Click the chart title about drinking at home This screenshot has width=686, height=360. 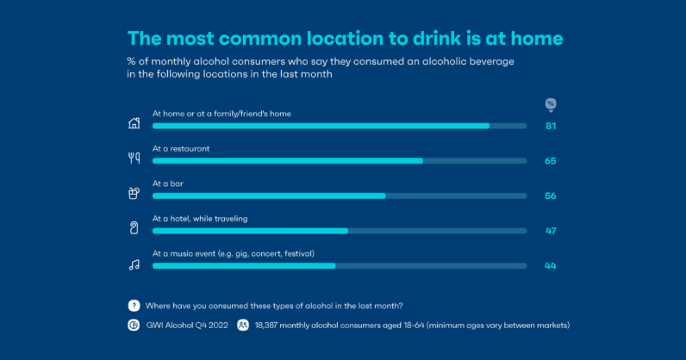(x=346, y=39)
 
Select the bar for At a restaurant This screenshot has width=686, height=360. (x=288, y=161)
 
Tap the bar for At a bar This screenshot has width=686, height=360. (x=269, y=196)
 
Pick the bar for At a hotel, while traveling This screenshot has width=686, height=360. (x=250, y=231)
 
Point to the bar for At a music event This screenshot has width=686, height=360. (x=244, y=266)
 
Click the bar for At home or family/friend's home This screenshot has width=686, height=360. (x=321, y=126)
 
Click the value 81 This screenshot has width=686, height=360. (x=550, y=126)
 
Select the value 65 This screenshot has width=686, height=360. (x=550, y=161)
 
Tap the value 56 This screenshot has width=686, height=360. (x=550, y=196)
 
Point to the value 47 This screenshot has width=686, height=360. (x=550, y=231)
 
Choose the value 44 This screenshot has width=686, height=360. (x=550, y=266)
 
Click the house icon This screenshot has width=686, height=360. (x=134, y=122)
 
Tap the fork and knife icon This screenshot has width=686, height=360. (x=134, y=158)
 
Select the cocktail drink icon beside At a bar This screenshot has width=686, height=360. (x=134, y=192)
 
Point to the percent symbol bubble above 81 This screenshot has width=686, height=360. (x=551, y=104)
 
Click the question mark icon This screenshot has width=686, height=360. (x=134, y=306)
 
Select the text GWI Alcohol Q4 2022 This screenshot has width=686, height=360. (x=188, y=326)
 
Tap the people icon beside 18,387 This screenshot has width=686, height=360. (x=243, y=326)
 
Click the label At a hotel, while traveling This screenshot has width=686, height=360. (x=200, y=219)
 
